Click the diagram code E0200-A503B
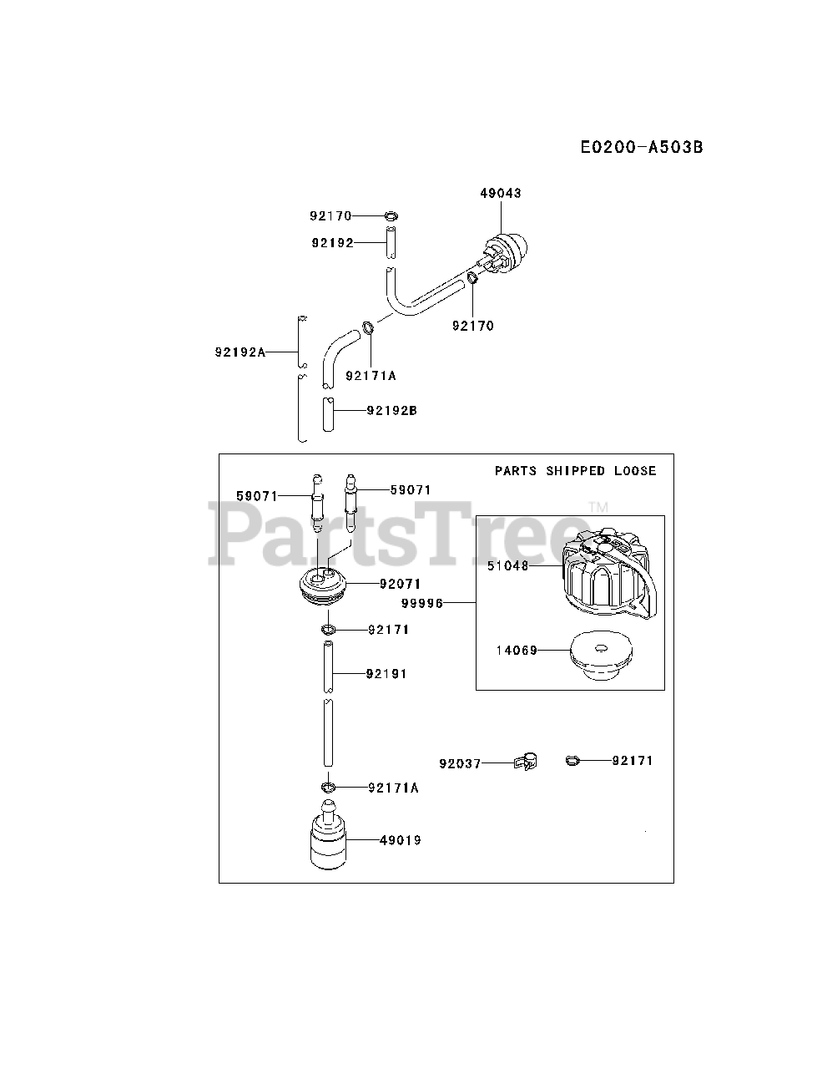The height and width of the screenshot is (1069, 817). tap(642, 148)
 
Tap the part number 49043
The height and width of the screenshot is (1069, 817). tap(500, 193)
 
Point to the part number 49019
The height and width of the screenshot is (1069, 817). tap(400, 840)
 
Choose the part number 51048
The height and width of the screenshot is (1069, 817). tap(508, 565)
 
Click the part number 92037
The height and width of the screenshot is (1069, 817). tap(460, 763)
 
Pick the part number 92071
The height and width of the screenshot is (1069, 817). tap(400, 584)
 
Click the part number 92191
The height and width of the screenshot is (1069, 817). tap(386, 673)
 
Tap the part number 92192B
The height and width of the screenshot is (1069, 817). tap(391, 410)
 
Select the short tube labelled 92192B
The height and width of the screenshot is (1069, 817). tap(329, 413)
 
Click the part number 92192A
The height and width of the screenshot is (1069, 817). tap(240, 352)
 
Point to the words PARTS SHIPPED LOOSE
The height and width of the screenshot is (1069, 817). tap(575, 471)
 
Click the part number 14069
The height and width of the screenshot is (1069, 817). tap(517, 650)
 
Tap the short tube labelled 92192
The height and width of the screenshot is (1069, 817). tap(390, 242)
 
